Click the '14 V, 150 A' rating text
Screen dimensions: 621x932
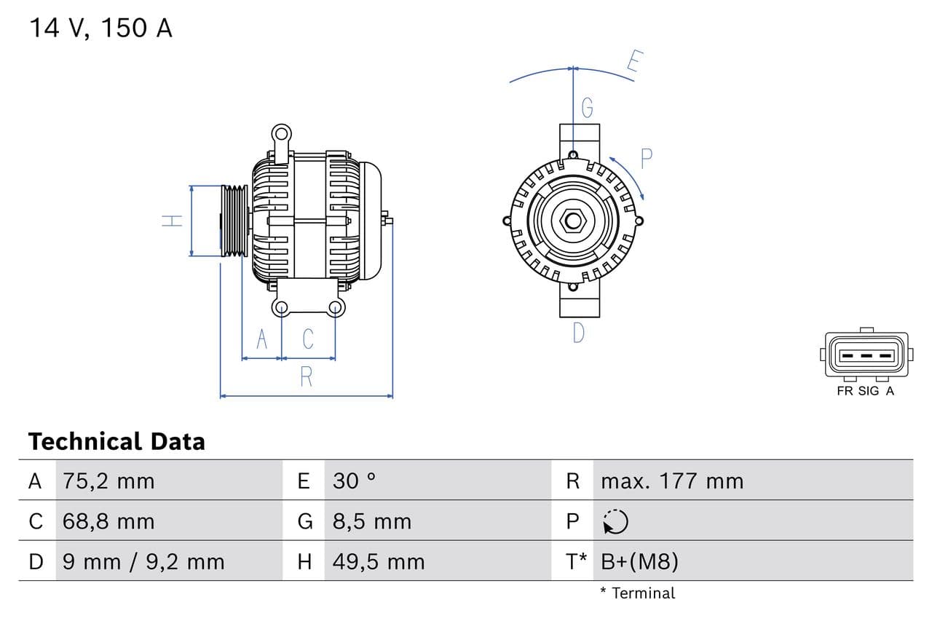coord(100,28)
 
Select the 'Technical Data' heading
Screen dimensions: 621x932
coord(116,441)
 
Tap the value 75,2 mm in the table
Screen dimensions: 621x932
coord(108,481)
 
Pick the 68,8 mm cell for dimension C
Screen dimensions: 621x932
coord(108,521)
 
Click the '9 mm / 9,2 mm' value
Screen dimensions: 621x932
coord(143,561)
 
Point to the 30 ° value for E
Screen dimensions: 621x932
coord(354,481)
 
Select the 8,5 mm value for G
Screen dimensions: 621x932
coord(371,521)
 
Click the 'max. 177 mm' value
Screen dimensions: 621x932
coord(671,481)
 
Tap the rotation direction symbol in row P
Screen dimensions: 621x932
coord(615,521)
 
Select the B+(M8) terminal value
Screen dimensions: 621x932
coord(639,561)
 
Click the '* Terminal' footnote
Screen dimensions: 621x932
coord(637,593)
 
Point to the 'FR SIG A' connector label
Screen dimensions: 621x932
coord(865,391)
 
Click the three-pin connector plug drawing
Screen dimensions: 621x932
coord(865,355)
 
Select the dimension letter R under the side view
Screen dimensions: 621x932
coord(306,377)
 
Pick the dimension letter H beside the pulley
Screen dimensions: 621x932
coord(173,220)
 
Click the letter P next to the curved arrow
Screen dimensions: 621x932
coord(646,159)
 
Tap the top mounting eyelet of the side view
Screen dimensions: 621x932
coord(281,133)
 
